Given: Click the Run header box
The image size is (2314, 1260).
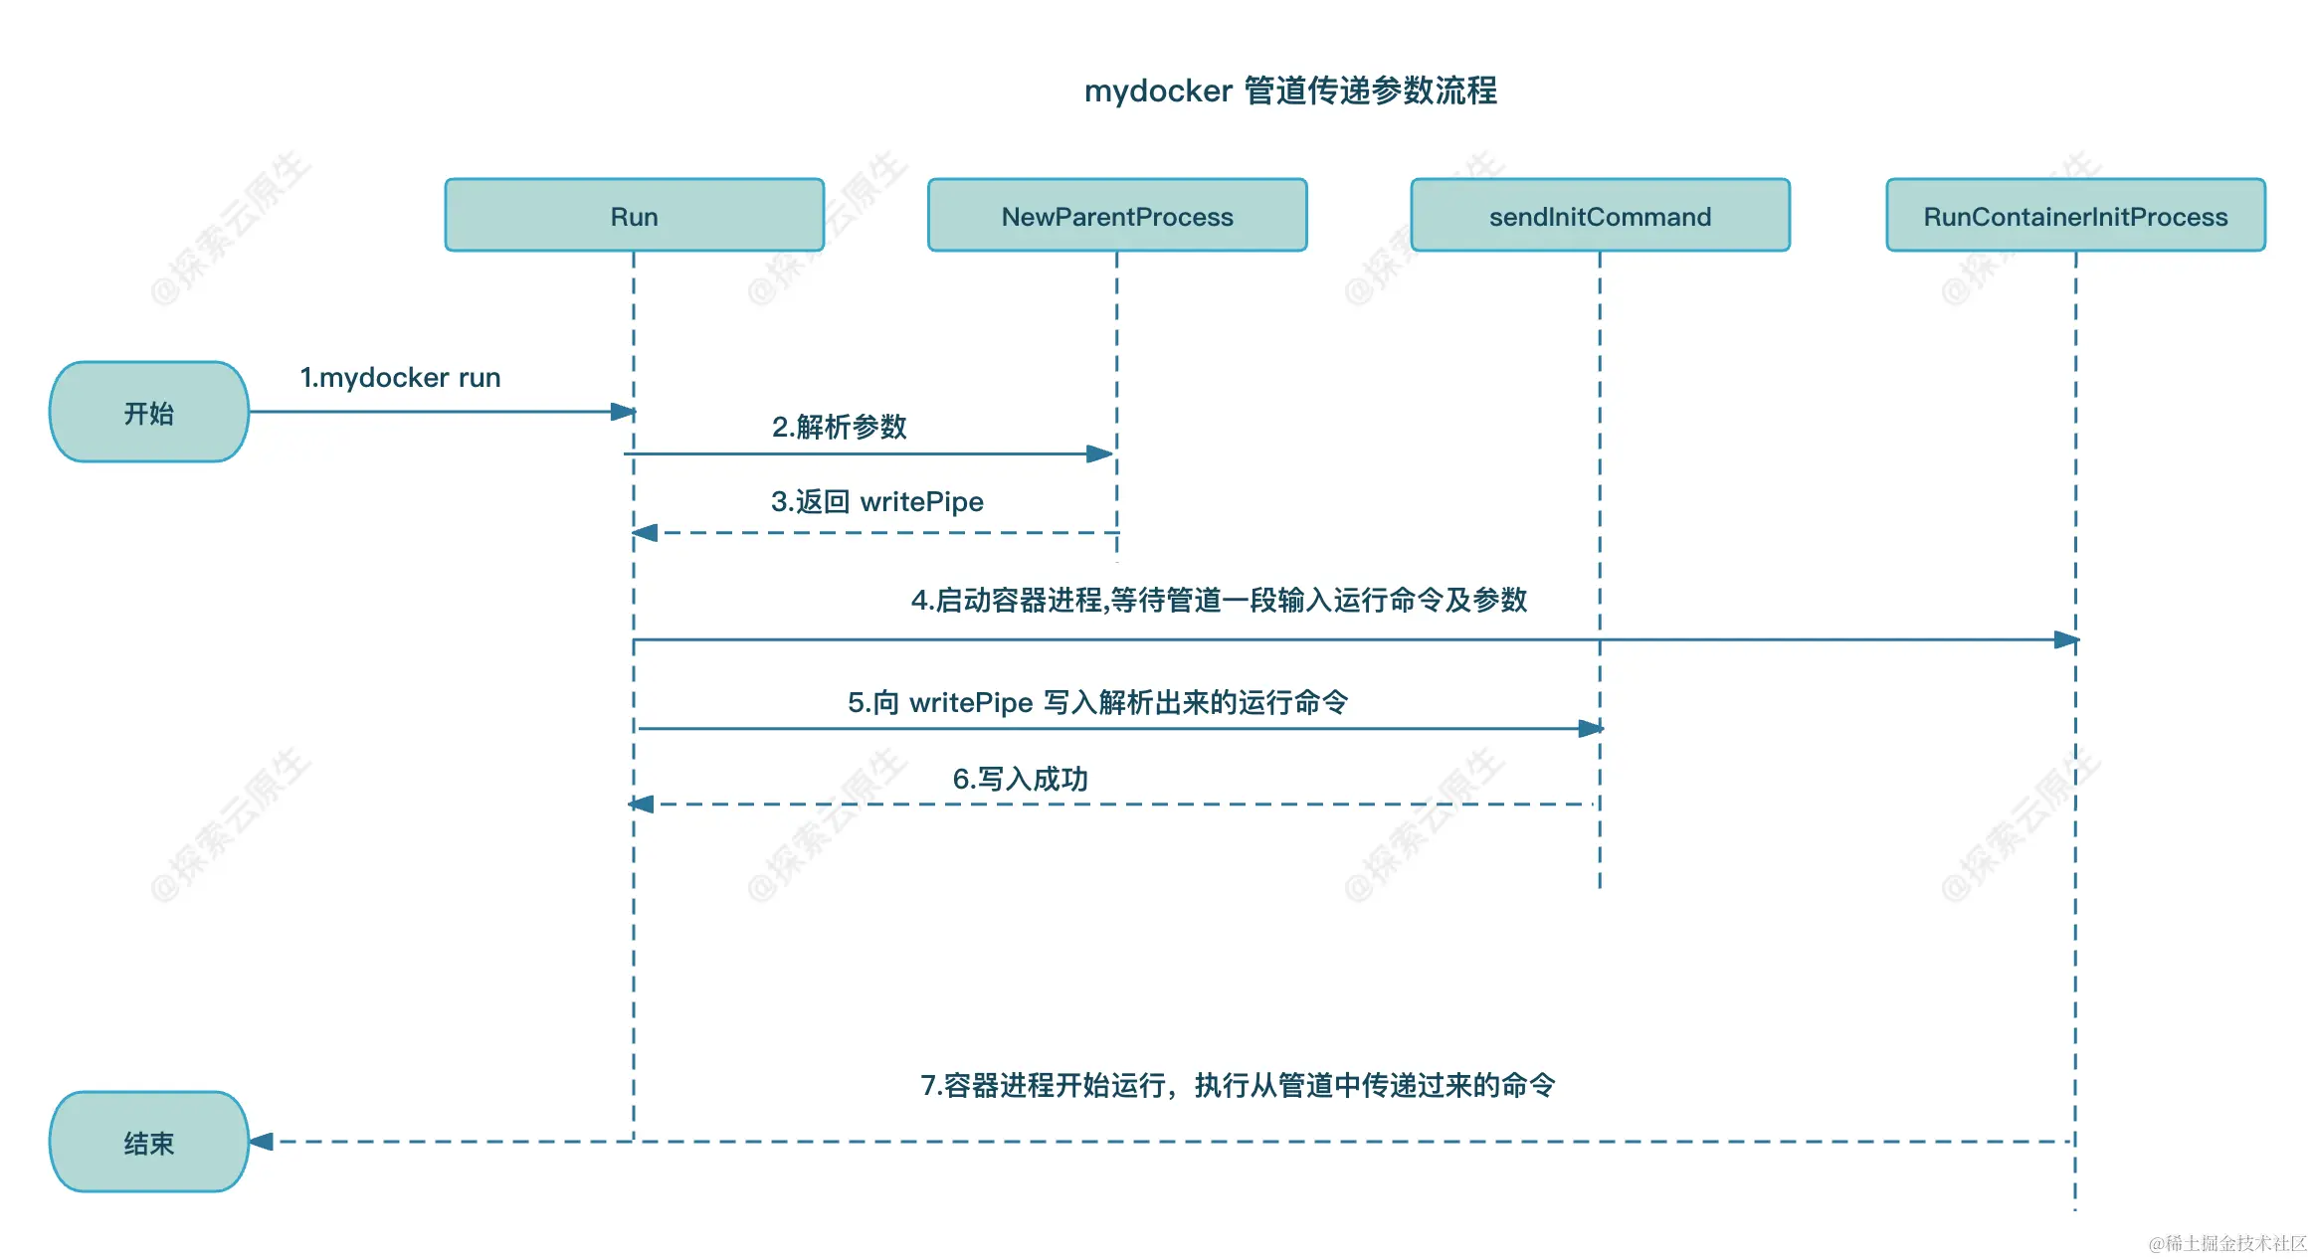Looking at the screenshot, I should [x=634, y=215].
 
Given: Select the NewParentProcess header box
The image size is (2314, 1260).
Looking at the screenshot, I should [x=1116, y=215].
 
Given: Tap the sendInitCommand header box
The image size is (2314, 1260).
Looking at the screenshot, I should [x=1600, y=215].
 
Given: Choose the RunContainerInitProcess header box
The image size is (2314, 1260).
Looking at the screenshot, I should [x=2075, y=215].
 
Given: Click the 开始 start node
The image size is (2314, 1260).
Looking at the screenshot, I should [x=149, y=412].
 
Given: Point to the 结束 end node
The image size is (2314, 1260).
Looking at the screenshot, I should [x=149, y=1142].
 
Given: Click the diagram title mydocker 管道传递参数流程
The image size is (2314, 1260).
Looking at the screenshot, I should [x=1289, y=90].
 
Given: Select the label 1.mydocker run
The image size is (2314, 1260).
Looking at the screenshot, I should [x=400, y=378].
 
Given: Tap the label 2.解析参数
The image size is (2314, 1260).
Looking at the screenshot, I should [x=839, y=427].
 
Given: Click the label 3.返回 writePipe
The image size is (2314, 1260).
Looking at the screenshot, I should [x=876, y=501].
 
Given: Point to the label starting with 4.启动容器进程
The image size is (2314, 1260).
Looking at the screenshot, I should [x=1219, y=600].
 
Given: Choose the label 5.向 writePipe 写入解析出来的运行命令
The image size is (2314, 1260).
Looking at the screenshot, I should [x=1097, y=702].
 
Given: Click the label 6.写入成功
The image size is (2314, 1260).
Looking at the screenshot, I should [x=1020, y=779].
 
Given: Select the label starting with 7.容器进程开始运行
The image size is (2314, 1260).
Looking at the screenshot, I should [x=1237, y=1085].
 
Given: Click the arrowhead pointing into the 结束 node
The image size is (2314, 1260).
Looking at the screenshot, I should [x=262, y=1142].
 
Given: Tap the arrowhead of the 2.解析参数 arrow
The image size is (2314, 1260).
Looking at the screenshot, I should [x=1099, y=453].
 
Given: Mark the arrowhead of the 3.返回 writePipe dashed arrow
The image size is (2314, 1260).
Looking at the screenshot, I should [x=646, y=533].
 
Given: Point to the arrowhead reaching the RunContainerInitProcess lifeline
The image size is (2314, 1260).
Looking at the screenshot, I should [x=2066, y=639].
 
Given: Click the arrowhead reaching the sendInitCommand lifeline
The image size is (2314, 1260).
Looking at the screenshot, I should [x=1591, y=728].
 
